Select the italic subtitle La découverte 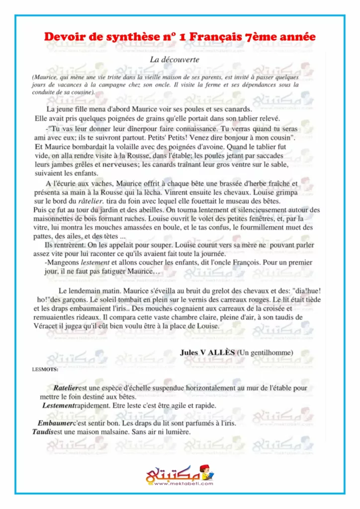pos(175,59)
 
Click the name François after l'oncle pos(234,262)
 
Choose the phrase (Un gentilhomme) pos(265,352)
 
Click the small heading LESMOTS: pos(45,369)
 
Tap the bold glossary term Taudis pos(43,432)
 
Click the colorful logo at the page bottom pos(180,476)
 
